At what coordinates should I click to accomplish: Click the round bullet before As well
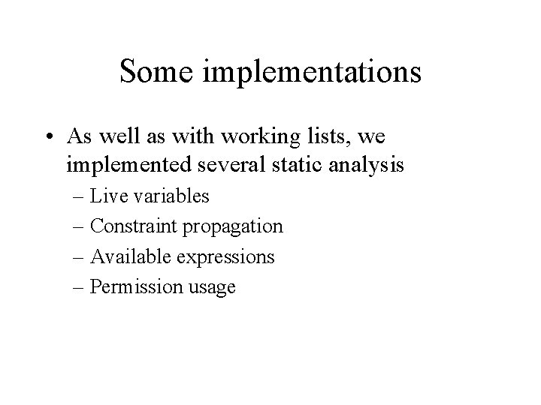(x=73, y=138)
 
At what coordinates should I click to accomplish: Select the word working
(x=250, y=137)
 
